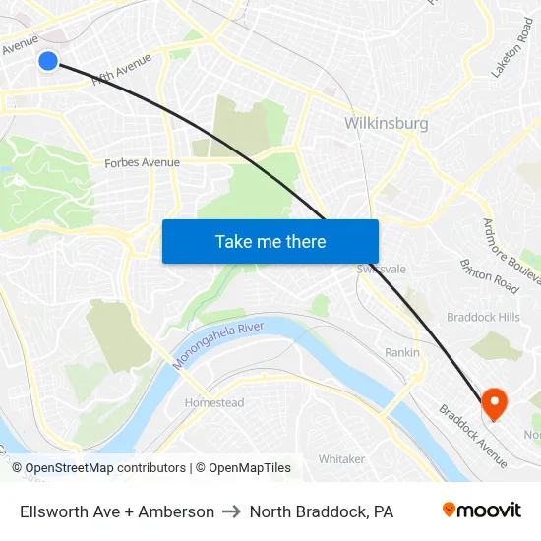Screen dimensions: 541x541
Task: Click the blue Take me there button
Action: (x=270, y=241)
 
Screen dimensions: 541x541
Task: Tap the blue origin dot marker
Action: (x=48, y=61)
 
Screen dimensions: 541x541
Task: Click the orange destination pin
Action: (x=492, y=402)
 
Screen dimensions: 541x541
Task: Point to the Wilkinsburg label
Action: (x=387, y=124)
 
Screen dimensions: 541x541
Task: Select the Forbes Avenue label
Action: (x=142, y=162)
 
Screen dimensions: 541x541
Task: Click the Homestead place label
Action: (x=214, y=402)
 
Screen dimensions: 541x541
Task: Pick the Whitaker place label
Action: (x=341, y=459)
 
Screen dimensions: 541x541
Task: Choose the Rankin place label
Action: (x=402, y=352)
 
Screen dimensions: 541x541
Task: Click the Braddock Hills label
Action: (x=483, y=317)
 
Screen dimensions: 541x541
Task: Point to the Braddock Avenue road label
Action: (x=473, y=436)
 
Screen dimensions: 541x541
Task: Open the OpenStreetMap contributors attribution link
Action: (x=105, y=468)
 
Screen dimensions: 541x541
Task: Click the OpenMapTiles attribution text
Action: (x=249, y=468)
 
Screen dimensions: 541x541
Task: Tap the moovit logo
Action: (x=481, y=511)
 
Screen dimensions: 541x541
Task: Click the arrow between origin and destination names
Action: (x=232, y=511)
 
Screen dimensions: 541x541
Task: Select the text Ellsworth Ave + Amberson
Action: (x=117, y=511)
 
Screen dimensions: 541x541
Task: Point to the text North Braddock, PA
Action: (x=322, y=511)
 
